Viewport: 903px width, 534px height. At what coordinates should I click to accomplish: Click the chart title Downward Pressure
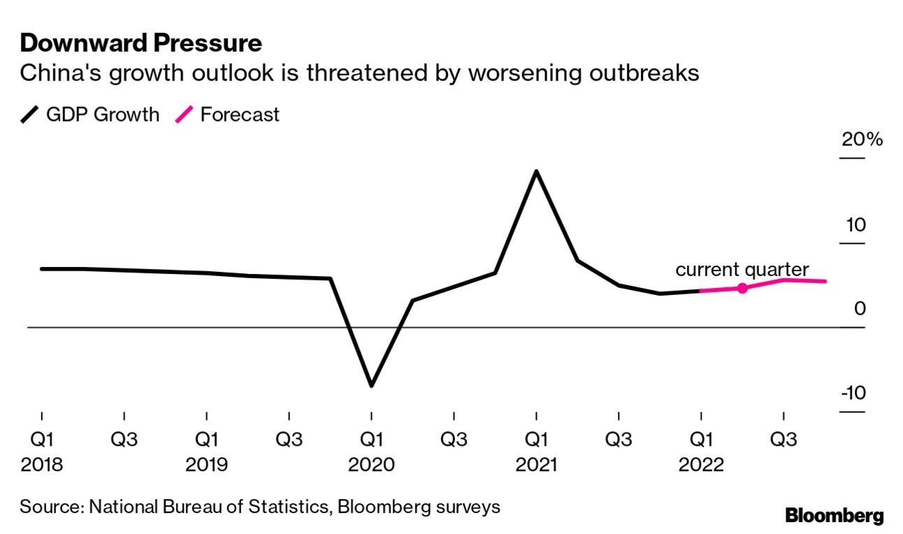[141, 43]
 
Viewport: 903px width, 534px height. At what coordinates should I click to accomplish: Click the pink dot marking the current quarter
[742, 288]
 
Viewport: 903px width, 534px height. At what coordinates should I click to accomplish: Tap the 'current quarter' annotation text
[742, 270]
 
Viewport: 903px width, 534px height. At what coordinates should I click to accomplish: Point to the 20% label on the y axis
[862, 140]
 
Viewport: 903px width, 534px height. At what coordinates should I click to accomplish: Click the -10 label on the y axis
[853, 394]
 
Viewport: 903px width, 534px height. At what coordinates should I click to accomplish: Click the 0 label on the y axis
[860, 309]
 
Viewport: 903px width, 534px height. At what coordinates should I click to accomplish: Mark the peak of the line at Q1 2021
[536, 171]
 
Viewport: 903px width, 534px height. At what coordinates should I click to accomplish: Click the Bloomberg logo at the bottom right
[835, 517]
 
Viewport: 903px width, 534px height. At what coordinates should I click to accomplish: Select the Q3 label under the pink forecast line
[783, 440]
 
